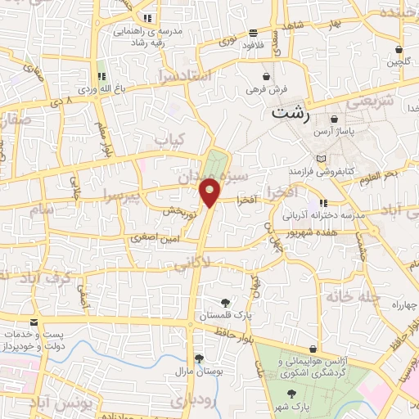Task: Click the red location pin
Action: (x=210, y=194)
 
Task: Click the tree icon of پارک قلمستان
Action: (x=225, y=303)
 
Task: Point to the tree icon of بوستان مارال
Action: (x=198, y=358)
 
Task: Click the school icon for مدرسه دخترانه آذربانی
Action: (x=324, y=202)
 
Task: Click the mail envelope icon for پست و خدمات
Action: (x=34, y=323)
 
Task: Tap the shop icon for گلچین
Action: (x=398, y=49)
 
